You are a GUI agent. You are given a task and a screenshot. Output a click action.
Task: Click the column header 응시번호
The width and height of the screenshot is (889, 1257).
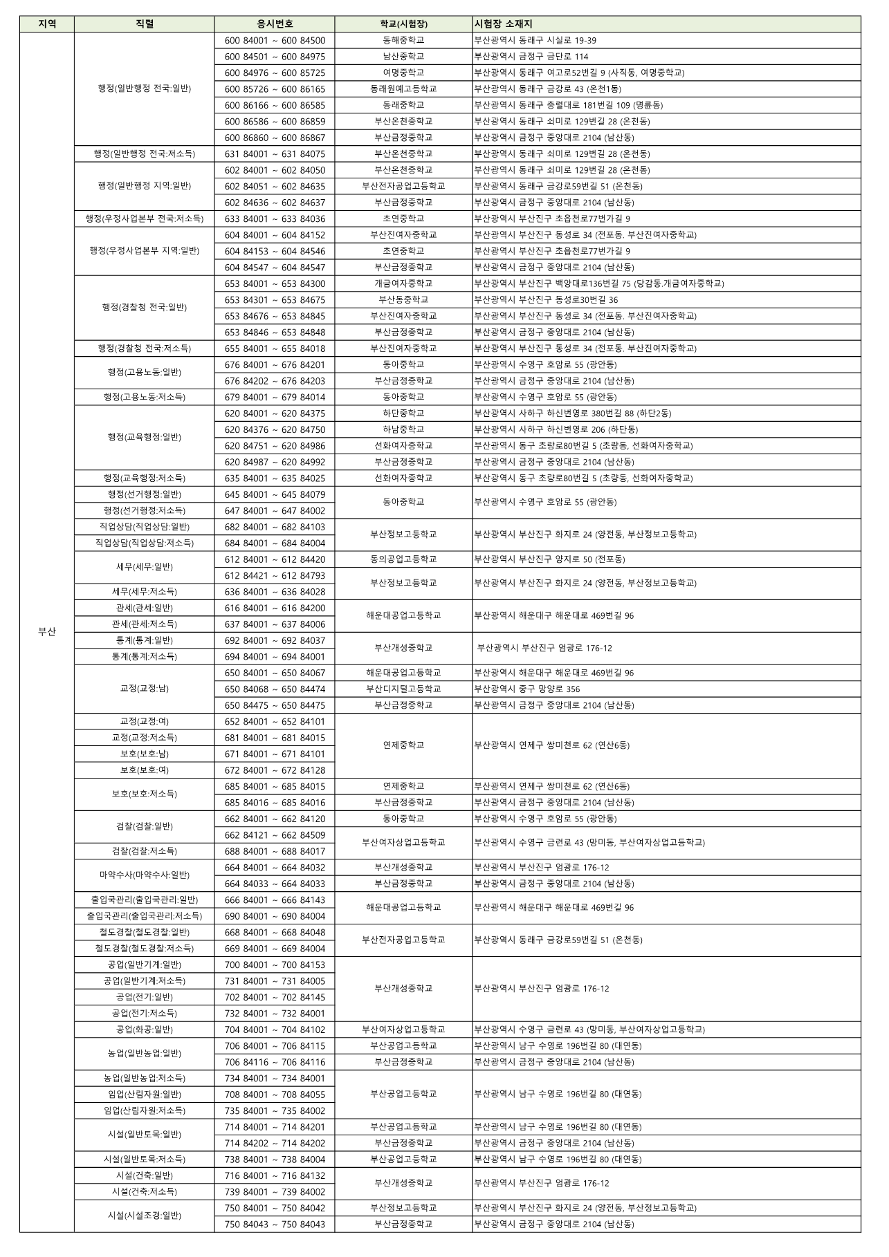275,24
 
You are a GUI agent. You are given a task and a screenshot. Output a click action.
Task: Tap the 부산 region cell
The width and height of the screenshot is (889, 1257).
47,631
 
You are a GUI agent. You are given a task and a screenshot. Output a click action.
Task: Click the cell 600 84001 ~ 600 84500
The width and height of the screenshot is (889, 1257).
275,41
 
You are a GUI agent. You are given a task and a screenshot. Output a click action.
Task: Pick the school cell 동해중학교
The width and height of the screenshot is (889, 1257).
403,41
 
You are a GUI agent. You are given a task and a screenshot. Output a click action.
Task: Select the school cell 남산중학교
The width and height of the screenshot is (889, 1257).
403,57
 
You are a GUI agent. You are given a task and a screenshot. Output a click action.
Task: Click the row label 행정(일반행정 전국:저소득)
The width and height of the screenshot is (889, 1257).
145,153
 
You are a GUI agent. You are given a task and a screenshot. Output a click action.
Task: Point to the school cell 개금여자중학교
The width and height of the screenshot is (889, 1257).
403,283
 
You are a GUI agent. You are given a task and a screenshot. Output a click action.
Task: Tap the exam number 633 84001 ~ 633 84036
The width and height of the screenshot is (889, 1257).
275,218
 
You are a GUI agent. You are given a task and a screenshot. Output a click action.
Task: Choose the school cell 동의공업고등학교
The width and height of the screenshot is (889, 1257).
403,559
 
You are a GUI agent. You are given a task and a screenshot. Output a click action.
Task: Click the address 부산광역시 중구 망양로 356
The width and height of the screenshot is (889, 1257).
527,689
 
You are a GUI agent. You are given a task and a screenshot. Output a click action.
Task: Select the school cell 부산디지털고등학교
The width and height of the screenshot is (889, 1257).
403,689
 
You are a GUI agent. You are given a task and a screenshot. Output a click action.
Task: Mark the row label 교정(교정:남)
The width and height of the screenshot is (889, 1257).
145,689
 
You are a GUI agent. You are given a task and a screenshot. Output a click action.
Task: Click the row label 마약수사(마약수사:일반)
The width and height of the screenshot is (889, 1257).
145,875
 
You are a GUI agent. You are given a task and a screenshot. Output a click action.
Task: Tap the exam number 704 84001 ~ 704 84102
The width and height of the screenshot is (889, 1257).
275,1030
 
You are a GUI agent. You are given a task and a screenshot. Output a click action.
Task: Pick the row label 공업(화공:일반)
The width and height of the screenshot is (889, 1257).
145,1030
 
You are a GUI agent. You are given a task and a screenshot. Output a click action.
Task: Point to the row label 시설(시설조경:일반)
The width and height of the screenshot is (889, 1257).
145,1216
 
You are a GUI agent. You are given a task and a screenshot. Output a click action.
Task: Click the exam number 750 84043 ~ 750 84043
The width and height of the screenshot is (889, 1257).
275,1224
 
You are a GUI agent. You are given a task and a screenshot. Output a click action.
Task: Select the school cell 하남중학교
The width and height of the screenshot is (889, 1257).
403,429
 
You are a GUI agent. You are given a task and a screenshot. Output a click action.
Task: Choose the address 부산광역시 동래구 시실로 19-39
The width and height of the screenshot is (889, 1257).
535,41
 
